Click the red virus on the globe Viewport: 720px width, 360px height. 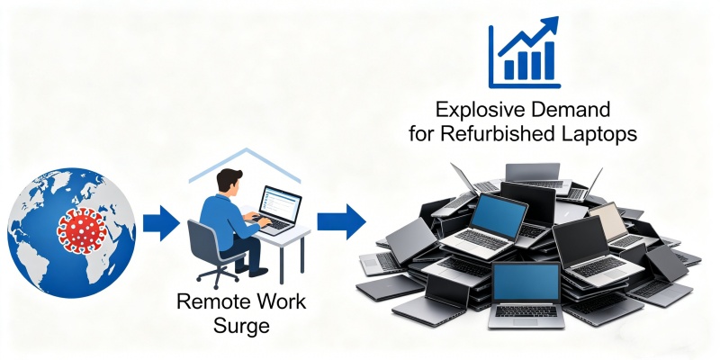point(82,229)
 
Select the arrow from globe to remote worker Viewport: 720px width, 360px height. point(161,223)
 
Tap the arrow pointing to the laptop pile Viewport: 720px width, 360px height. point(341,221)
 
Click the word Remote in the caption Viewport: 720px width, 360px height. point(209,302)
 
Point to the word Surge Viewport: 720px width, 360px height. point(241,326)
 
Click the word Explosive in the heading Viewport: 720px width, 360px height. point(476,110)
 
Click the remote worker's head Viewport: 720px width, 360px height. point(229,182)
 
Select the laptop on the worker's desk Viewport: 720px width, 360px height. point(277,211)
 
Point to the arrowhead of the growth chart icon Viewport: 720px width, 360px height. point(550,26)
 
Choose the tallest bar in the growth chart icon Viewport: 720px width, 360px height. point(549,60)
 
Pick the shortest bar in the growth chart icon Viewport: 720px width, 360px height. point(509,69)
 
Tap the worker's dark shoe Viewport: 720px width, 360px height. point(258,272)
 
